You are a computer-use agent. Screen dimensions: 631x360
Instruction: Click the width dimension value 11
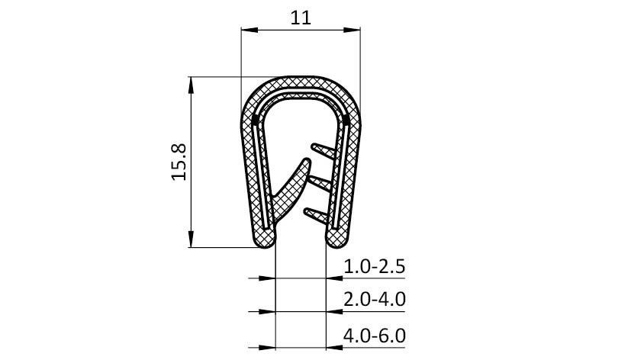[x=301, y=18]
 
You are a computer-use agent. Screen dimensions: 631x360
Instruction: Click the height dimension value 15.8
[x=179, y=162]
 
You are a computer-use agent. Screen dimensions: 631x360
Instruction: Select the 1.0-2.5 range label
[x=375, y=266]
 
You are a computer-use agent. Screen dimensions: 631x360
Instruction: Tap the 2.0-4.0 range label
[x=375, y=299]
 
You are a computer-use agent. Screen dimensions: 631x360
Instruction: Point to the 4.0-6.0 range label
[x=375, y=336]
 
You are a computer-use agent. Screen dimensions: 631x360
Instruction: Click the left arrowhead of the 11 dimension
[x=249, y=30]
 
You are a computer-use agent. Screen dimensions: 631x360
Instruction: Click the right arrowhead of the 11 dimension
[x=352, y=30]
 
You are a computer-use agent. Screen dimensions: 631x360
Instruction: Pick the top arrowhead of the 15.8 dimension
[x=192, y=85]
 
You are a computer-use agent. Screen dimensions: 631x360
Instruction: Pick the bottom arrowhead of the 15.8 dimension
[x=192, y=239]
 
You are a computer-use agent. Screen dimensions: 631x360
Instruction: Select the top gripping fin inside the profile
[x=324, y=150]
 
